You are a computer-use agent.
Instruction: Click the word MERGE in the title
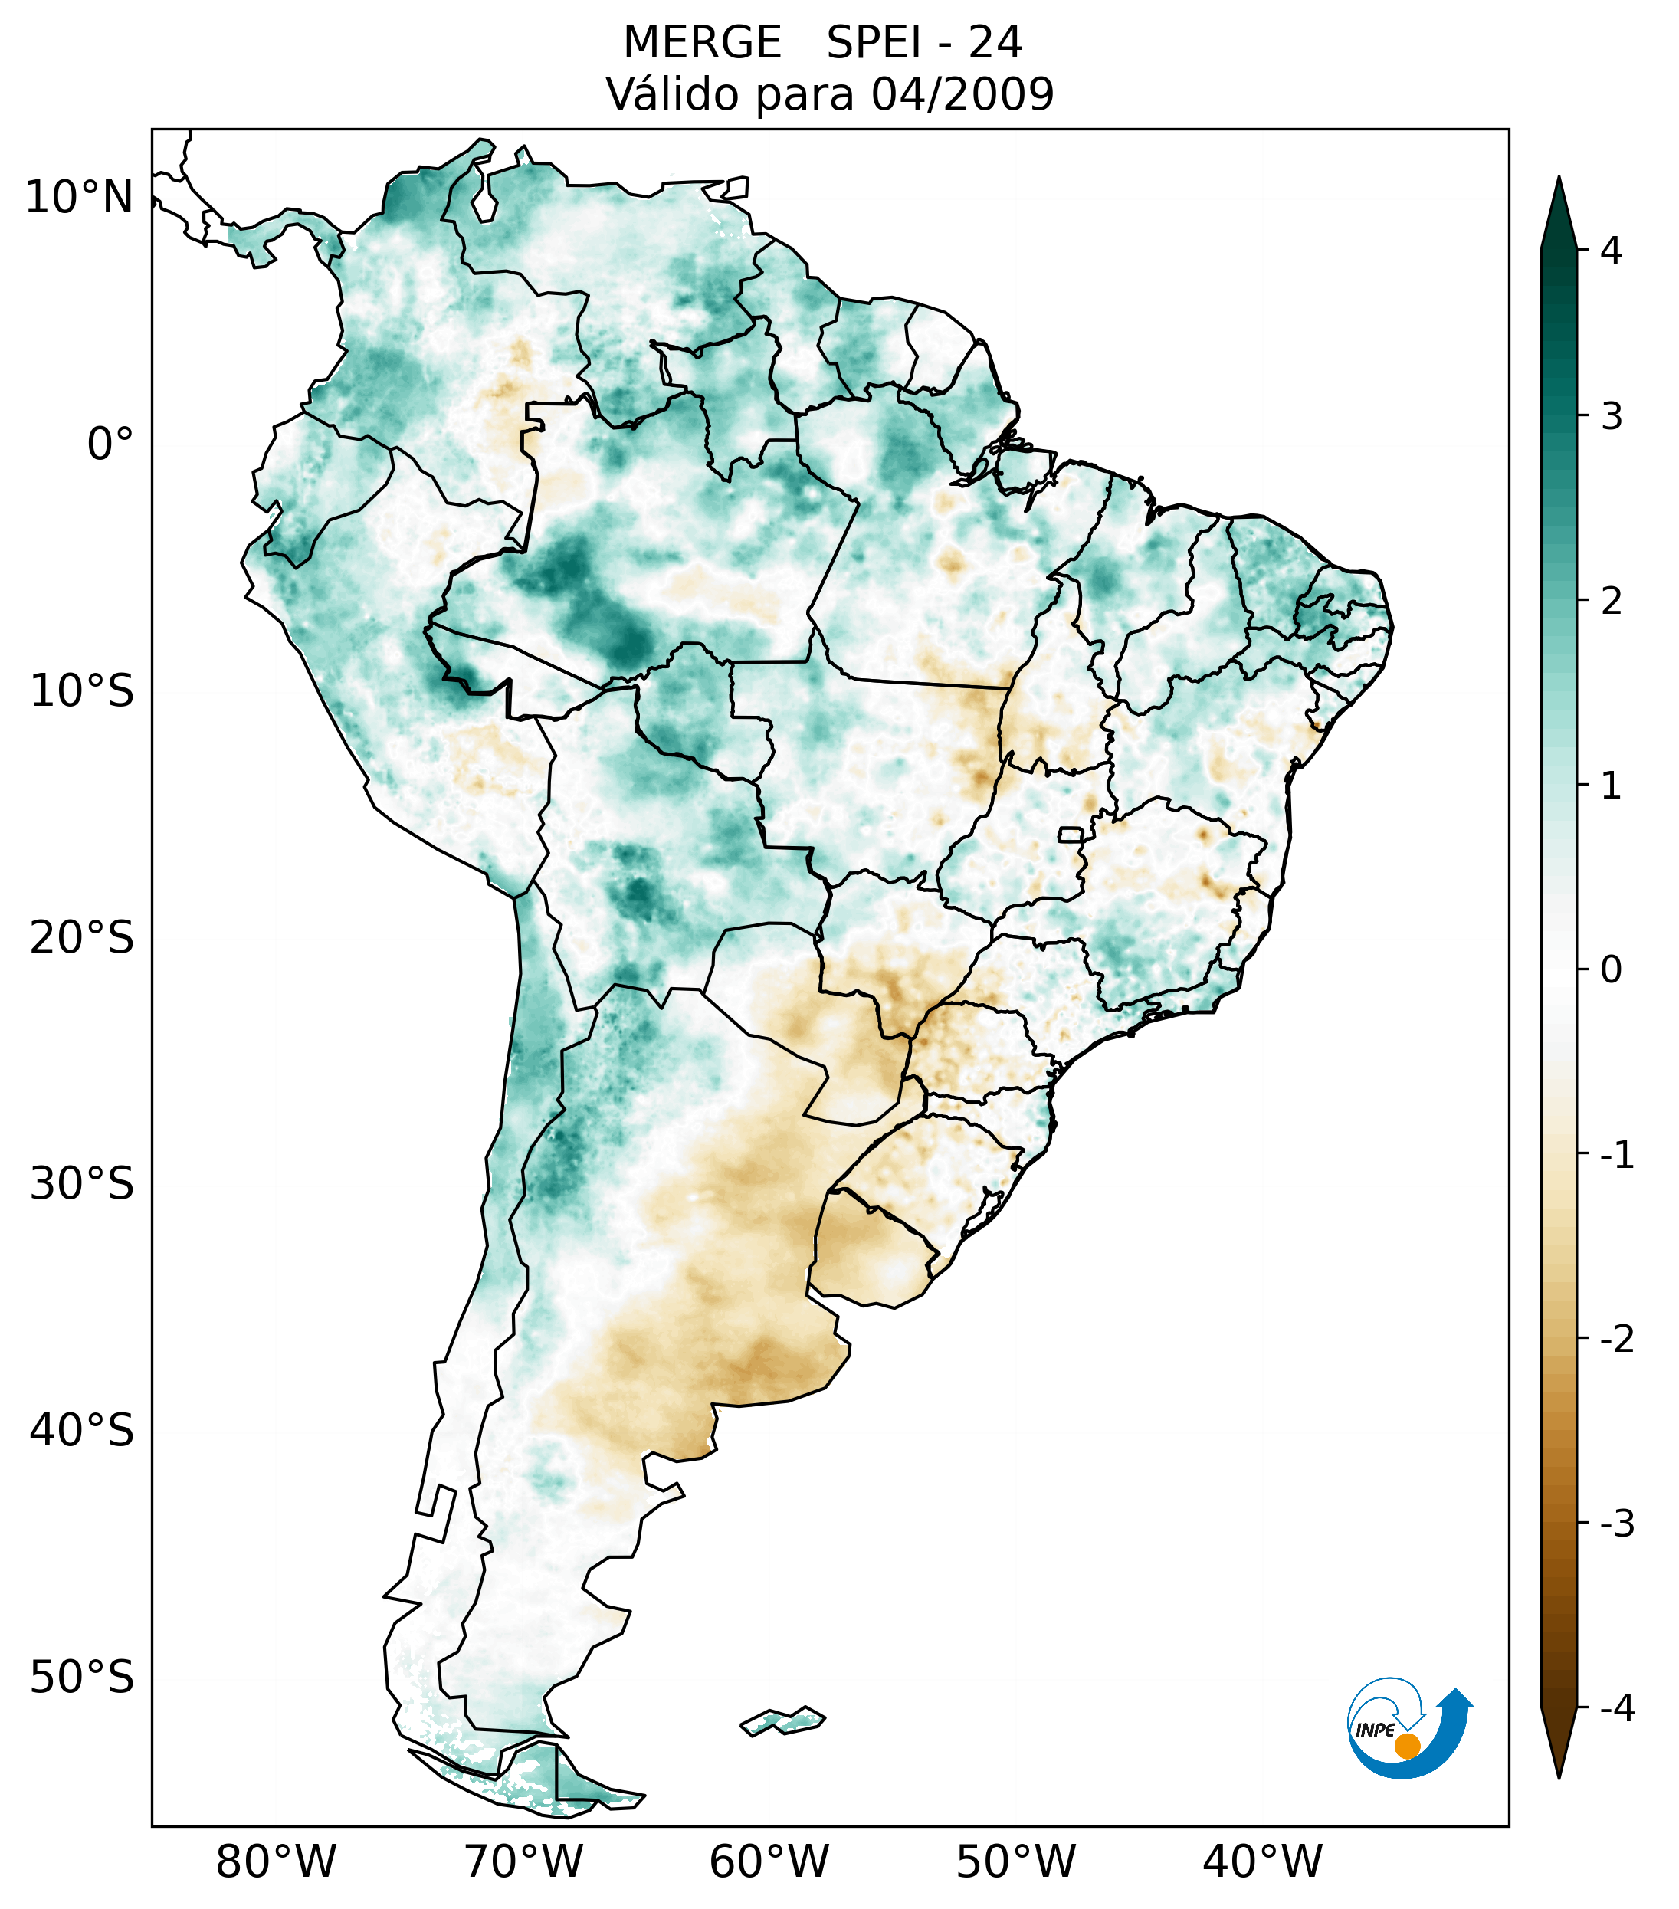click(701, 43)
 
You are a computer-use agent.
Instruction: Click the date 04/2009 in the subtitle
click(962, 94)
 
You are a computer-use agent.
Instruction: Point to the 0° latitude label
click(110, 444)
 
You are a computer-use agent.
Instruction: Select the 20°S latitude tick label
click(82, 938)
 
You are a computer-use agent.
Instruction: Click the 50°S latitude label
click(82, 1678)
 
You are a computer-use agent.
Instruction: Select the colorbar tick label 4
click(1611, 251)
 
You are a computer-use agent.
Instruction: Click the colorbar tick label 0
click(1611, 970)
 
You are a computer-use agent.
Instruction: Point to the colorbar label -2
click(1616, 1340)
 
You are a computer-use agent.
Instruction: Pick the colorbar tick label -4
click(1616, 1709)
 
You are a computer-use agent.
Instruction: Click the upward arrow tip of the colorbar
click(1558, 181)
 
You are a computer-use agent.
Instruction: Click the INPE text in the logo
click(1375, 1730)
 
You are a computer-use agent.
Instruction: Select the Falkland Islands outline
click(782, 1720)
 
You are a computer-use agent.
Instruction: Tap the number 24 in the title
click(995, 43)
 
